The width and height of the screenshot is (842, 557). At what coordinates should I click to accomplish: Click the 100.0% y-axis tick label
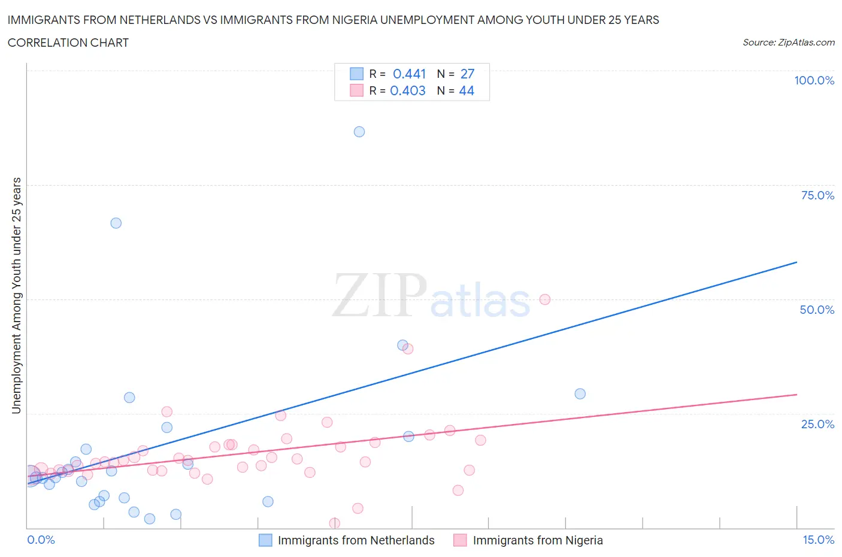(x=814, y=81)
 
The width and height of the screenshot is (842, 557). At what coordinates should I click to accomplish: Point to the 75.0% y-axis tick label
(x=817, y=195)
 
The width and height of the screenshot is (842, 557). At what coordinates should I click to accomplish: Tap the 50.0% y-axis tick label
(x=817, y=310)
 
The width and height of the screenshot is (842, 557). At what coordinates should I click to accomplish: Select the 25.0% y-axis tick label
(x=817, y=424)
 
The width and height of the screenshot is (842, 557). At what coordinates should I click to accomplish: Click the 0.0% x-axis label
(x=41, y=540)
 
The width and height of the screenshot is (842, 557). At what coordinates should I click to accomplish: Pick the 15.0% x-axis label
(x=818, y=540)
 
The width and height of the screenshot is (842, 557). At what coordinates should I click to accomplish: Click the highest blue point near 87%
(x=359, y=132)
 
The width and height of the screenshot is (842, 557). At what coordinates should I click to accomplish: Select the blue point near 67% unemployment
(x=116, y=223)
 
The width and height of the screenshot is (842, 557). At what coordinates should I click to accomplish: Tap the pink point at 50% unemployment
(x=545, y=299)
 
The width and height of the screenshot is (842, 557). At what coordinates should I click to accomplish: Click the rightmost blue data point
(x=580, y=393)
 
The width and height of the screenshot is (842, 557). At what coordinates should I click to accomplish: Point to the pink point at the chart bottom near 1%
(x=335, y=523)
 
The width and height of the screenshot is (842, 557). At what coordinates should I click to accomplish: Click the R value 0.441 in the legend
(x=409, y=74)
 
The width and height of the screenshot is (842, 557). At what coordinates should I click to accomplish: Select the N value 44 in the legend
(x=467, y=90)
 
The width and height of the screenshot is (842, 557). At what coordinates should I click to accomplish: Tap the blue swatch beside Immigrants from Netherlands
(x=265, y=540)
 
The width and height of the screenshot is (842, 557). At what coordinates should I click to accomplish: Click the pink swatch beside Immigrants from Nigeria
(x=460, y=540)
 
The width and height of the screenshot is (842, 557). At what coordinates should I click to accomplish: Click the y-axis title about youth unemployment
(x=16, y=295)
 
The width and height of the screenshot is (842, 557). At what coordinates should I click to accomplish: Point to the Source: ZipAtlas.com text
(x=788, y=43)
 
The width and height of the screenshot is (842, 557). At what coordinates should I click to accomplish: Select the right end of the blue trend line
(x=796, y=262)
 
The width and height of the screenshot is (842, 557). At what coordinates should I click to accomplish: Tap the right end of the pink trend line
(x=796, y=395)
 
